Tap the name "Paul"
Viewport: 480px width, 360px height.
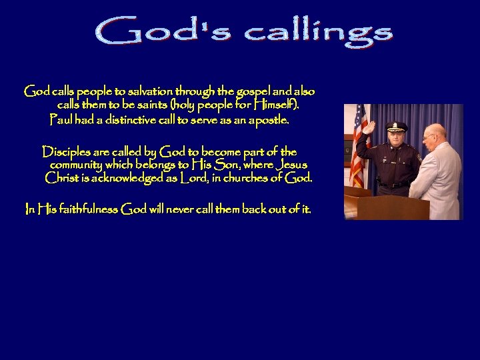point(61,121)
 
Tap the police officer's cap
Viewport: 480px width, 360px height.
point(396,125)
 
